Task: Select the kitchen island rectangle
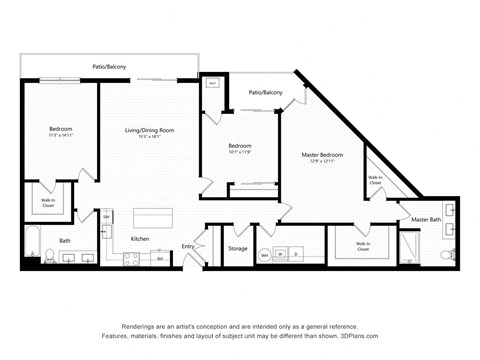point(154,218)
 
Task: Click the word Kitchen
point(141,239)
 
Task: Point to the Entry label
point(187,246)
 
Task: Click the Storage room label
point(237,248)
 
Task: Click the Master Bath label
point(426,219)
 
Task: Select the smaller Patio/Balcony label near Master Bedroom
point(265,92)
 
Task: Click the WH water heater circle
point(265,255)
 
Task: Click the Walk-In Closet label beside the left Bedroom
point(47,202)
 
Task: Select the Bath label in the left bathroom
point(64,240)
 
